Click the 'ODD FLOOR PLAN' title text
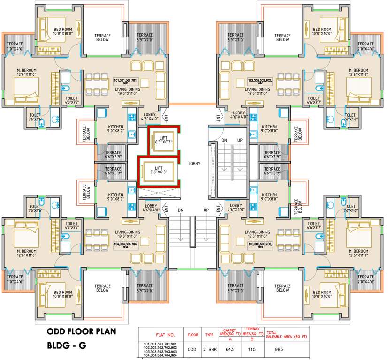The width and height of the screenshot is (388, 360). tap(81, 332)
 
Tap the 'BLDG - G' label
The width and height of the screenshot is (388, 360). tap(68, 347)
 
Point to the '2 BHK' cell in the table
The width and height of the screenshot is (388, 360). tap(208, 349)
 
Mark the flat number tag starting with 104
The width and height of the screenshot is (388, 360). tap(125, 246)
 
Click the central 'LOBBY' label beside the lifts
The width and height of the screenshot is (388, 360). tap(194, 164)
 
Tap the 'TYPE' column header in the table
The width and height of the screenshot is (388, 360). tap(208, 335)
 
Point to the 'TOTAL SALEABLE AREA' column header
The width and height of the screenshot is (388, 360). tap(287, 335)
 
